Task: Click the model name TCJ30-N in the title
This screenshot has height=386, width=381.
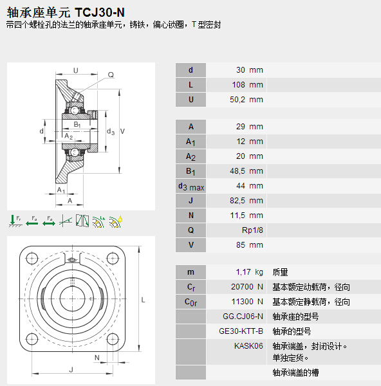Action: click(x=100, y=12)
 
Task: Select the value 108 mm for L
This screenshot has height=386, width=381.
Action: click(x=248, y=85)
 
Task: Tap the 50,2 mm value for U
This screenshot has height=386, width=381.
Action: click(x=246, y=100)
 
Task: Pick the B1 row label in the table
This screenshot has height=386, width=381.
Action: click(x=190, y=171)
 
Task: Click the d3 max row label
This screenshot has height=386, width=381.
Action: click(x=191, y=187)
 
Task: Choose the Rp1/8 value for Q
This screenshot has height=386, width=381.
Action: click(x=252, y=230)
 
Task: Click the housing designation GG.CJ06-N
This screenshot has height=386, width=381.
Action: click(x=243, y=317)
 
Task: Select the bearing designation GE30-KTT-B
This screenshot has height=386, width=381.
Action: click(x=241, y=331)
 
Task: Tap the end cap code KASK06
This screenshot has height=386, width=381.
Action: click(x=248, y=346)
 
